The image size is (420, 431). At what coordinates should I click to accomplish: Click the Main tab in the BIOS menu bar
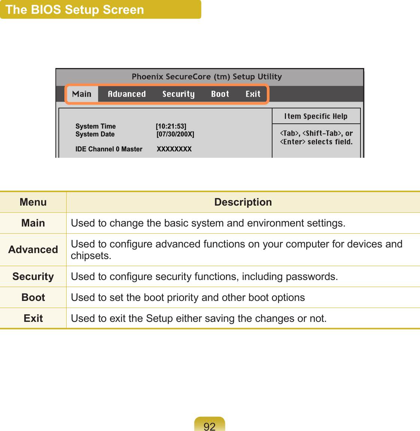82,94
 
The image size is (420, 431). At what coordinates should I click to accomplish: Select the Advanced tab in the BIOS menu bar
127,94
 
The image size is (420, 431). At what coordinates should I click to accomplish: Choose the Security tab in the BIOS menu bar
178,94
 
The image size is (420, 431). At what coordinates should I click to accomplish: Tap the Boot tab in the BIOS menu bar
220,94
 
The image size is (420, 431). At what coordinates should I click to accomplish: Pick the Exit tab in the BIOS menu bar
253,94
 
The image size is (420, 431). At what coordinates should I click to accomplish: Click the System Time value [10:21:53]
171,126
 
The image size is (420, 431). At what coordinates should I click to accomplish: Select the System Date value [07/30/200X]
175,134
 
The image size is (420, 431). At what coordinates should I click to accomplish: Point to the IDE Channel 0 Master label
109,149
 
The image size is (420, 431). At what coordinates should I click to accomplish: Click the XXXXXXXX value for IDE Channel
174,149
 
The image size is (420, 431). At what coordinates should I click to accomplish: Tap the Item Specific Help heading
316,116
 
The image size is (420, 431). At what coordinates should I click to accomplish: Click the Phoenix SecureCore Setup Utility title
207,77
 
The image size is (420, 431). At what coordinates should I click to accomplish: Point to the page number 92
210,426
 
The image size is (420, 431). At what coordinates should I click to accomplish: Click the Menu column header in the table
33,202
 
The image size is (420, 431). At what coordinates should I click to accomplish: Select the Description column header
243,202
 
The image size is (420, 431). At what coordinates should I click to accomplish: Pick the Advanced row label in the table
33,250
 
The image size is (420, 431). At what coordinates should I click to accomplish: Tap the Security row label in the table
33,277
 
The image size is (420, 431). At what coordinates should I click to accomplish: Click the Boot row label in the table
33,298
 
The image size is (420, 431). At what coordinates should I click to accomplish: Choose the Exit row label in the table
33,318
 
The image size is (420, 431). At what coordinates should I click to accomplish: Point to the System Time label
95,126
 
